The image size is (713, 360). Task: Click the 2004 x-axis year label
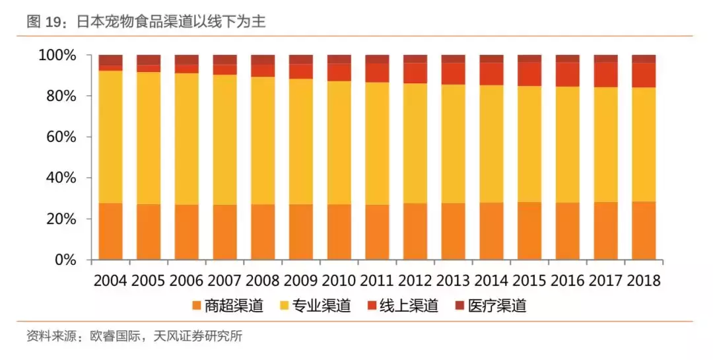pos(111,281)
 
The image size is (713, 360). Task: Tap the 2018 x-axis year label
pos(643,281)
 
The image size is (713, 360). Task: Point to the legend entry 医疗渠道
pos(497,306)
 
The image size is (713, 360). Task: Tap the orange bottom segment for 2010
pos(339,232)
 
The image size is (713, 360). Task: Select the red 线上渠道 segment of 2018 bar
pos(644,75)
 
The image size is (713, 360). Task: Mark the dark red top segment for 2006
pos(187,59)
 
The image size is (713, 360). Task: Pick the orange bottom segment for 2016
pos(567,231)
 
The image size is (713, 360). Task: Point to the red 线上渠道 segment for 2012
pos(415,73)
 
